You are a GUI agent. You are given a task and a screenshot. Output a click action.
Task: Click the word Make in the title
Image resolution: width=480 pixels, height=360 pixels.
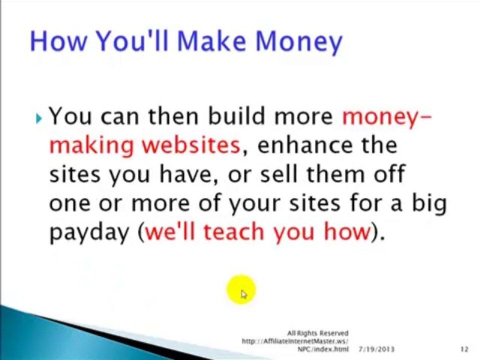[211, 40]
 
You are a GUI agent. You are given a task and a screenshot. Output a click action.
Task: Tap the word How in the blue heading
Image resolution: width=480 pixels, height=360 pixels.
[58, 40]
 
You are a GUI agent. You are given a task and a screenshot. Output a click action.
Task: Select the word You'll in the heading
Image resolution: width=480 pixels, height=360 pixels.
[132, 40]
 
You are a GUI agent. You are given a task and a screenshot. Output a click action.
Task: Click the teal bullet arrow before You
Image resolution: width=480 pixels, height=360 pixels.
[38, 118]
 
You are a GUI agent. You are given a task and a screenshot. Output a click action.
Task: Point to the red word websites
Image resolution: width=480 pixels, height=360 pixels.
[191, 145]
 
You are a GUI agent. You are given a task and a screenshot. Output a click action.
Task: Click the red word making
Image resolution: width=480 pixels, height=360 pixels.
[91, 145]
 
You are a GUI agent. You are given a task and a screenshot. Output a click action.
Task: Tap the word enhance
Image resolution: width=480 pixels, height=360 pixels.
[305, 145]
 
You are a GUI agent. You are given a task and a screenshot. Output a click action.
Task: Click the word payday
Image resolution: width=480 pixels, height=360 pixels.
[89, 232]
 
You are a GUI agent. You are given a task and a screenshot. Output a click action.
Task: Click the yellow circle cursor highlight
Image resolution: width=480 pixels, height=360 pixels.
[241, 289]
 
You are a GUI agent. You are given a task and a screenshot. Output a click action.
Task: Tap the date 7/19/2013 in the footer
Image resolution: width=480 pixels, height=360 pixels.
[376, 349]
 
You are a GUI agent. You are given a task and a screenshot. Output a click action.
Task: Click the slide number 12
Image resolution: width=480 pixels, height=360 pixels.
[464, 349]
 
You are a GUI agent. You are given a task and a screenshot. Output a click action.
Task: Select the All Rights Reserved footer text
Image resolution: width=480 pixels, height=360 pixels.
[318, 333]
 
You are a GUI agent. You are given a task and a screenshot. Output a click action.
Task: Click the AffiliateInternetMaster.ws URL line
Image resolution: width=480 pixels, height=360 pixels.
[295, 340]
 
